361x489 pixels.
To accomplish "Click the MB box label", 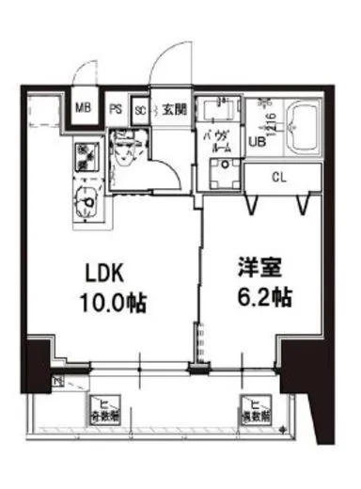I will pos(83,108).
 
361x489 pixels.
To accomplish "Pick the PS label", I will pos(116,108).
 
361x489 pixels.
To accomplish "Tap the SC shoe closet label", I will pos(139,108).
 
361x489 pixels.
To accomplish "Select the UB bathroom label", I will pos(256,143).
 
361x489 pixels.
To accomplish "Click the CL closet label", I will pos(280,177).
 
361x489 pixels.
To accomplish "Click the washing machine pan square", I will pos(223,174).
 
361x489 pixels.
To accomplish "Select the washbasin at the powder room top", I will pos(223,103).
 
